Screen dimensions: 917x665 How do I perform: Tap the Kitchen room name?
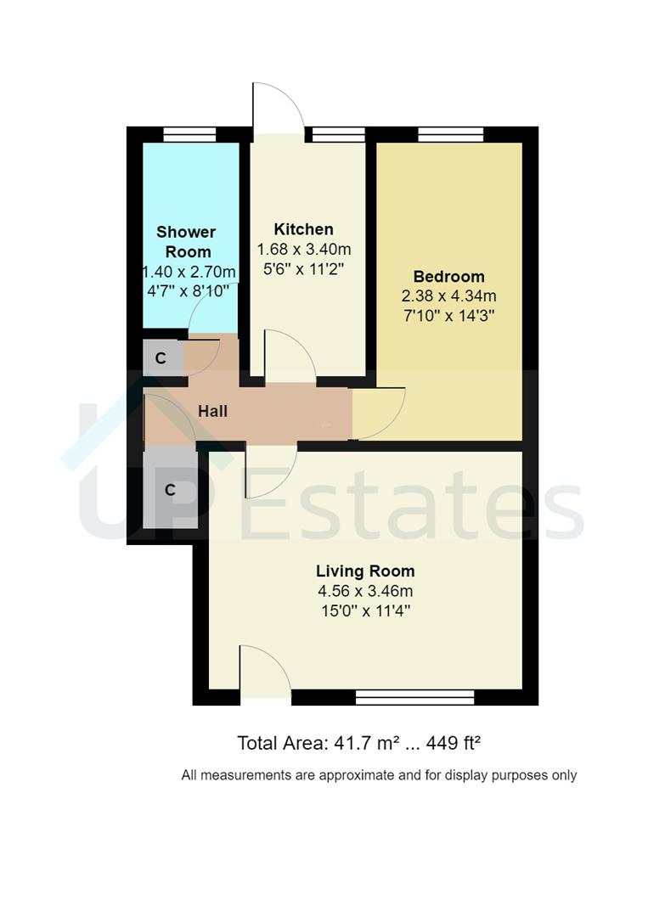click(303, 229)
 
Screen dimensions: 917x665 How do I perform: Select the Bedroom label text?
click(448, 277)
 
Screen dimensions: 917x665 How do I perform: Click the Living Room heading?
click(365, 571)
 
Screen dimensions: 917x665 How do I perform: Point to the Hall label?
click(212, 412)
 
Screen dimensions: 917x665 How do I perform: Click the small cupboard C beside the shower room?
click(161, 358)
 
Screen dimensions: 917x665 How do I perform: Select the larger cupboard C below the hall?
click(170, 490)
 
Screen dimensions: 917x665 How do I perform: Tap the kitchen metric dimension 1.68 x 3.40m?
click(303, 250)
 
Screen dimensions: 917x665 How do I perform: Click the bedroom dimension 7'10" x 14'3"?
click(448, 315)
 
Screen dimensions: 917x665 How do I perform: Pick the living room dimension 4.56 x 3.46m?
click(365, 591)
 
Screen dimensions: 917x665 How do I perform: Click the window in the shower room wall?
click(189, 134)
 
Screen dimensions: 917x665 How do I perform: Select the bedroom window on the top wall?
click(450, 134)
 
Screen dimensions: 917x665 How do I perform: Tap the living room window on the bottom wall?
click(414, 697)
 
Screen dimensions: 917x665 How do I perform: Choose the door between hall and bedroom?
click(379, 413)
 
